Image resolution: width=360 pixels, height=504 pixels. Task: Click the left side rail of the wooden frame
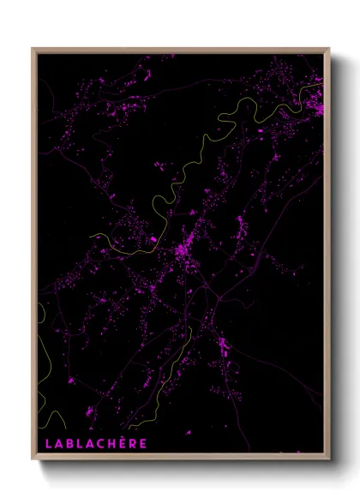[34, 257]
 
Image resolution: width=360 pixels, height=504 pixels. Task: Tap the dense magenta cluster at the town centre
[182, 253]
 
